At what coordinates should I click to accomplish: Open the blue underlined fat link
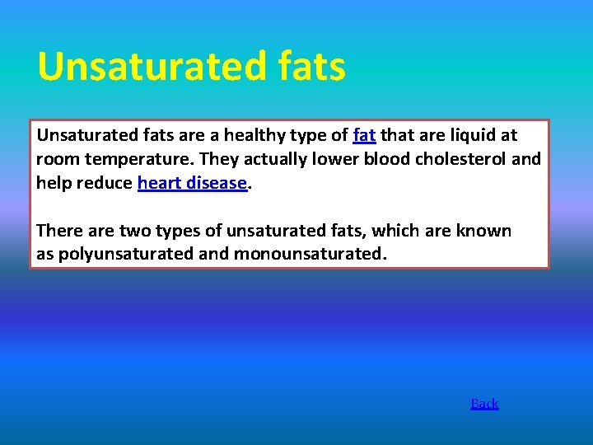364,135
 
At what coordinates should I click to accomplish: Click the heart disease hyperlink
193,183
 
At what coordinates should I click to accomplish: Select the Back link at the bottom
484,403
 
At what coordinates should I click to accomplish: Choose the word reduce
105,183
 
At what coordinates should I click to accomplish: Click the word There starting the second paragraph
59,231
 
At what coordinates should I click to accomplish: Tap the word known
487,231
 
